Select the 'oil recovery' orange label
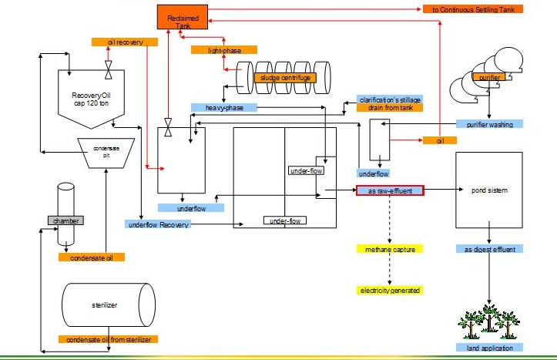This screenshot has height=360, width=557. coord(116,42)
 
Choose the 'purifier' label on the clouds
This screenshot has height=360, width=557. coord(489,77)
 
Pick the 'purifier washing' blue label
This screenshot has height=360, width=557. coord(489,124)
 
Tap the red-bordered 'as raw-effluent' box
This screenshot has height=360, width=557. coord(390,190)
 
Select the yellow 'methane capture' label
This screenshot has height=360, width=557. coord(390,249)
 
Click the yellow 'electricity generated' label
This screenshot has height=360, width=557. coord(390,291)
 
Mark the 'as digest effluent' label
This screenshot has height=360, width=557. coord(489,249)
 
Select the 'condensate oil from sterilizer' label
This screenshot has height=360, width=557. coord(108,339)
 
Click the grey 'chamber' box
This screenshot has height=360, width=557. coord(66,220)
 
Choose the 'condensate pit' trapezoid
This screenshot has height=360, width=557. coord(107,151)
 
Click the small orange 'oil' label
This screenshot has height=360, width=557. coord(440,141)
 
